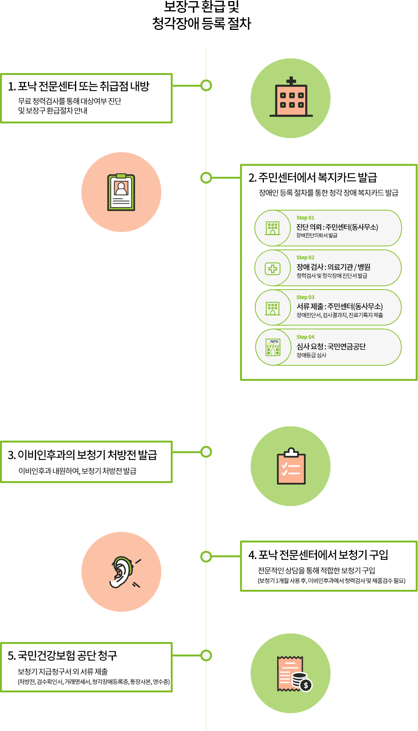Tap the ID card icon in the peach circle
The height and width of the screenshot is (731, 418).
coord(121,192)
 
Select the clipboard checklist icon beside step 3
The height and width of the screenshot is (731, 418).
coord(291,466)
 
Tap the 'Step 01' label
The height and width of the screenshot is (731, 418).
coord(305,218)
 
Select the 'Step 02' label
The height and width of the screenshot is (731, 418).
coord(305,257)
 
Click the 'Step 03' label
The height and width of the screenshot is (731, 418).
coord(305,297)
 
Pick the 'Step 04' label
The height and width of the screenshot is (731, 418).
coord(305,337)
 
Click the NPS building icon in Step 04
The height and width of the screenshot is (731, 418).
coord(273,347)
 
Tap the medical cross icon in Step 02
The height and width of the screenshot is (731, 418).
coord(273,269)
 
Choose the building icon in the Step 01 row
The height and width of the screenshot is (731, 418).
coord(273,228)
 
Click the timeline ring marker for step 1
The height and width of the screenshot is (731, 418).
coord(206,85)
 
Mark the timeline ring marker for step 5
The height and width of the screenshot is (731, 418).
coord(206,655)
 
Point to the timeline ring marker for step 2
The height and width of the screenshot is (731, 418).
coord(206,178)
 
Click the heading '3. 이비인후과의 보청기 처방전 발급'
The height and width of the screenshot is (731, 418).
coord(83,455)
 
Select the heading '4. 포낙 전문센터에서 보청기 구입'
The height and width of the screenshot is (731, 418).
coord(318,555)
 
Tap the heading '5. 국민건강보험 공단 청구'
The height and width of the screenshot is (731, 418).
coord(62,655)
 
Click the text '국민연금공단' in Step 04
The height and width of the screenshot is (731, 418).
coord(346,346)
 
